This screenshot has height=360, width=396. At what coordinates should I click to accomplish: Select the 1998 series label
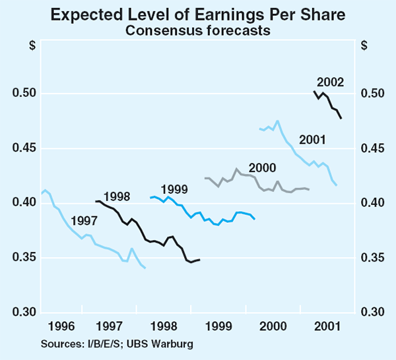tap(116, 195)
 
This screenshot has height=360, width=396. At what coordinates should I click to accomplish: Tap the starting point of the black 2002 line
tap(313, 91)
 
